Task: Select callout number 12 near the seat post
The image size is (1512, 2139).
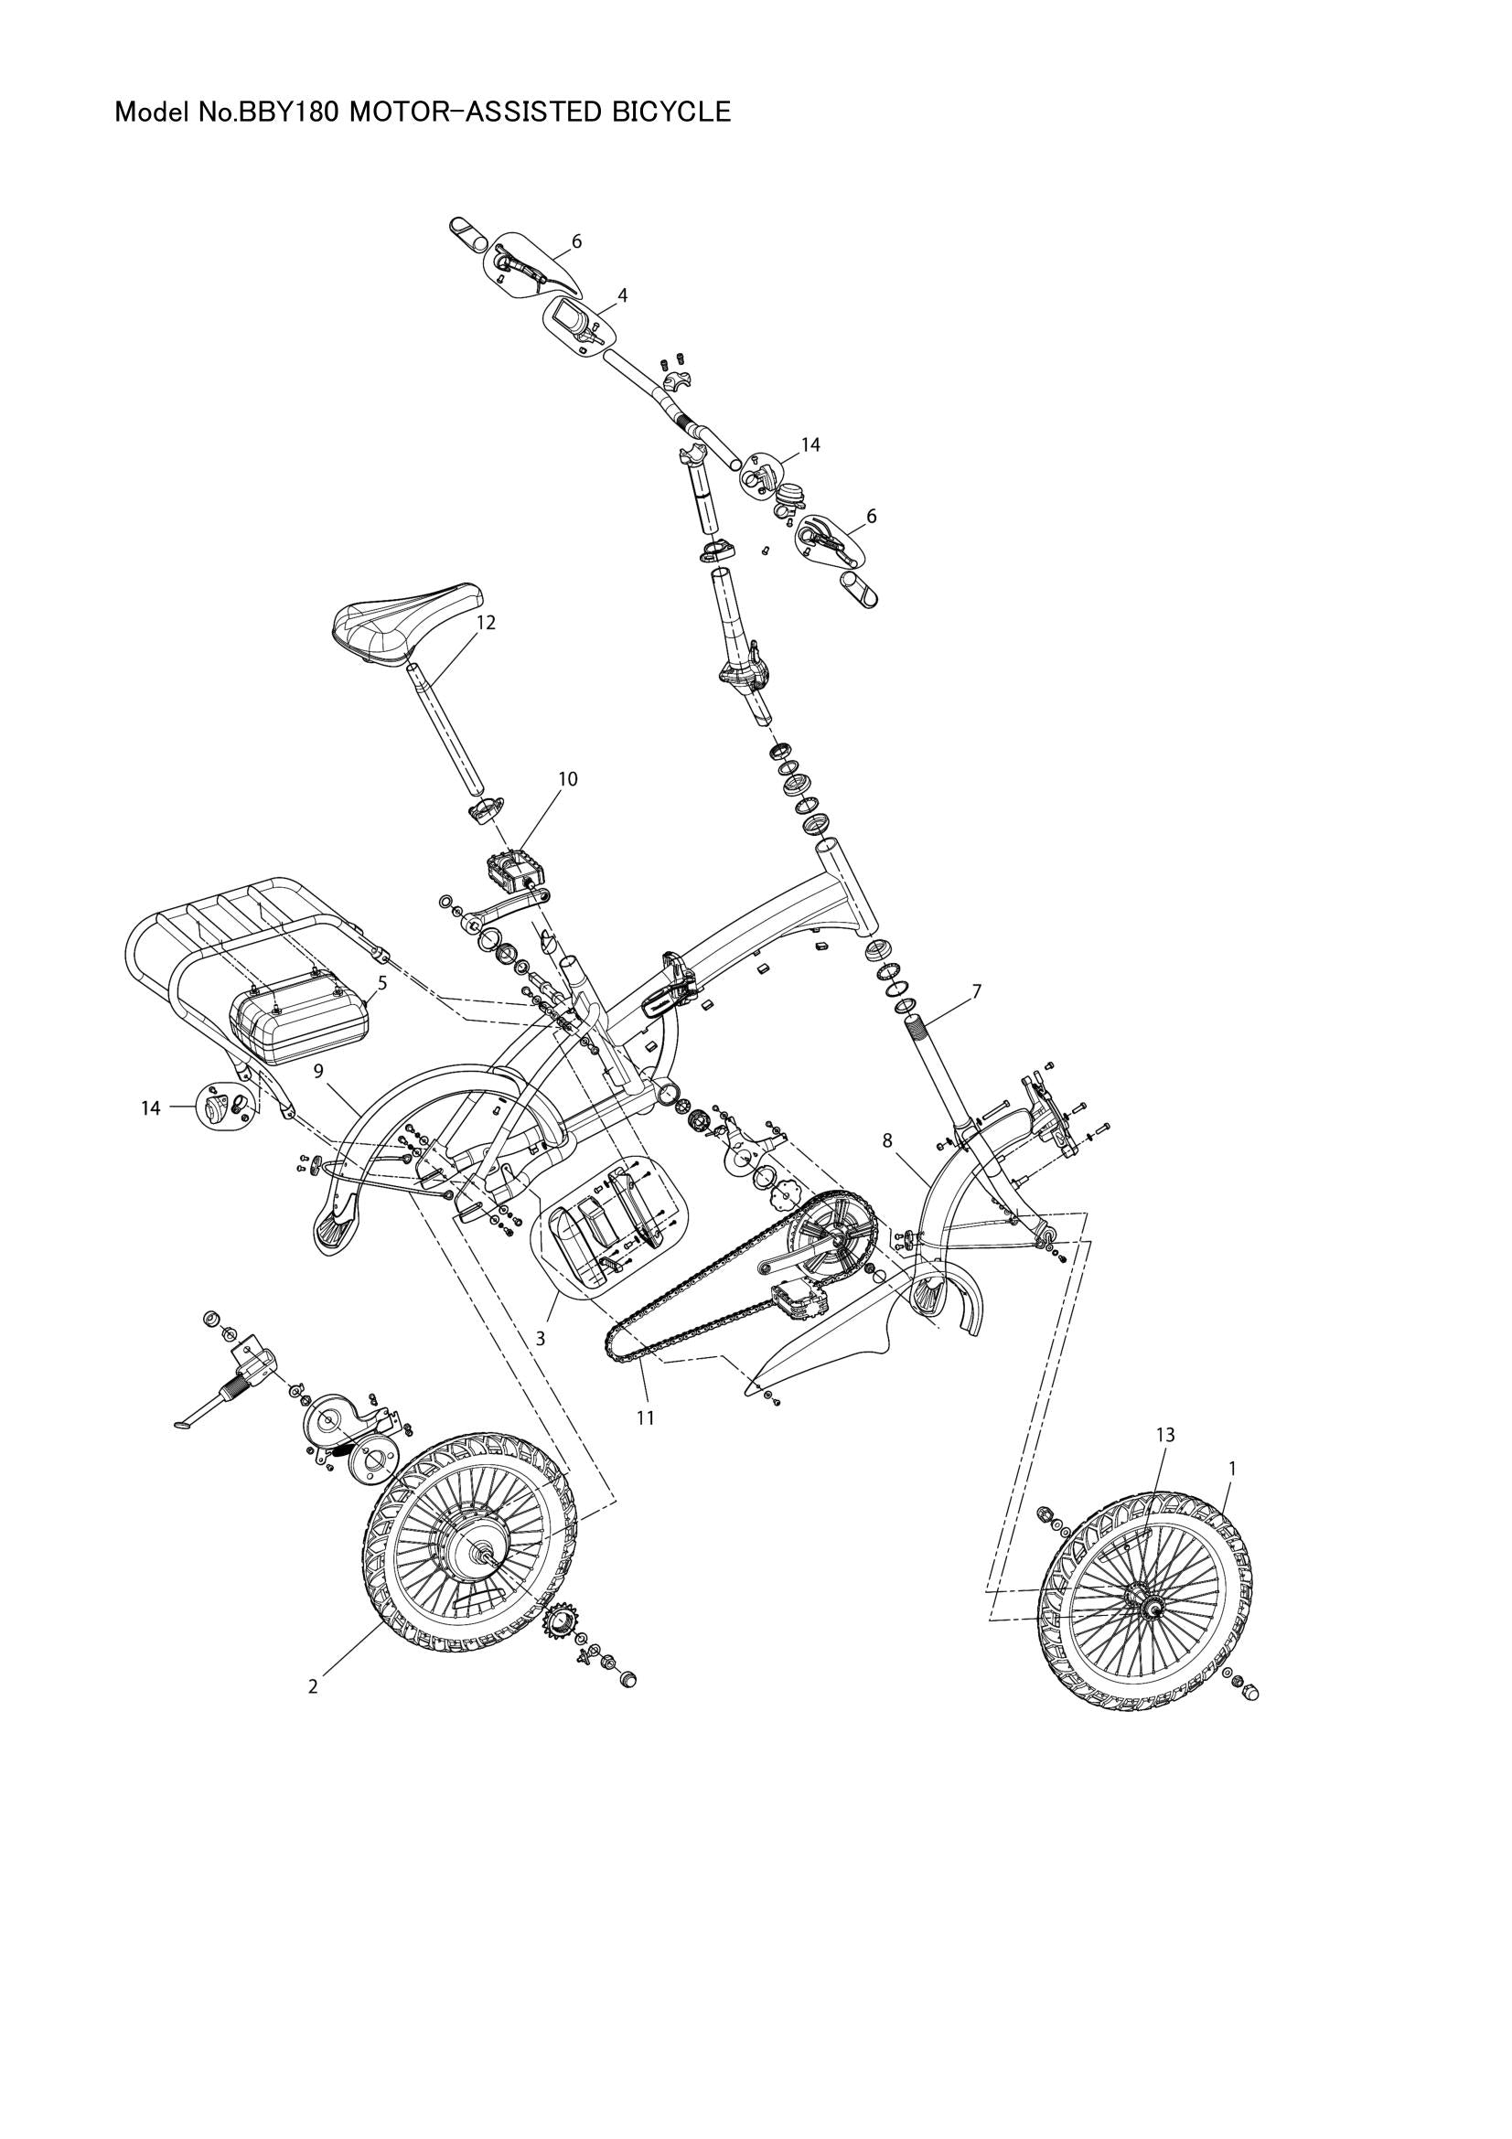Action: pos(486,623)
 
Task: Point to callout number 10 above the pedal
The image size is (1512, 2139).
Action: pos(567,779)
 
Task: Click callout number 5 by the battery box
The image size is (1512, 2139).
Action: pos(382,982)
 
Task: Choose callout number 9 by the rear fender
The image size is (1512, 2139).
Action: pos(318,1072)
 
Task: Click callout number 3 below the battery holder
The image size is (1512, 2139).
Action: pos(540,1338)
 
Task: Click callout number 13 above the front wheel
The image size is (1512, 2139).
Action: pos(1165,1460)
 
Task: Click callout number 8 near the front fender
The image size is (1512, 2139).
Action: pos(887,1139)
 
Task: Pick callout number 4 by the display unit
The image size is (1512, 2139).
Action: pos(622,295)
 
